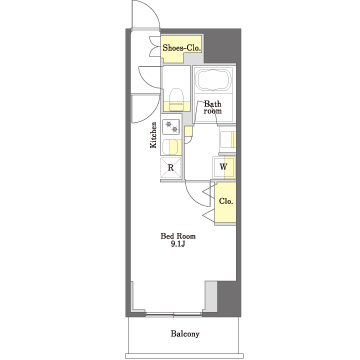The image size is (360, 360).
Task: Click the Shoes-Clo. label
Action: [x=182, y=48]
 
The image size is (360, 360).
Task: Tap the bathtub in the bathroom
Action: [x=213, y=79]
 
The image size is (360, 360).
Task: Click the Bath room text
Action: [x=213, y=107]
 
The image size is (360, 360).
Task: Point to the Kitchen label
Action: [x=153, y=135]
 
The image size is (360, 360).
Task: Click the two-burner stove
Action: [x=171, y=127]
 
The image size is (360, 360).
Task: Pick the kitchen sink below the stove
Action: [x=171, y=147]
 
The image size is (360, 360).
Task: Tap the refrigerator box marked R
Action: [x=171, y=168]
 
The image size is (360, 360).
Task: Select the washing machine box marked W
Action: [x=224, y=167]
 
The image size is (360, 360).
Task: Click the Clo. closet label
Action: [x=226, y=201]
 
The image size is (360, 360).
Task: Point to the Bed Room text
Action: [x=178, y=236]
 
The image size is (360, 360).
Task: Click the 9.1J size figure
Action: [x=178, y=244]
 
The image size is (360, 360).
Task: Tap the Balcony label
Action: [x=185, y=334]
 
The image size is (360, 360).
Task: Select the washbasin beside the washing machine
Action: [x=227, y=139]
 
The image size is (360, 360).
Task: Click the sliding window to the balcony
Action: [x=173, y=314]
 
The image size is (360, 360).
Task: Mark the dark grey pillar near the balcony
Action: [x=229, y=299]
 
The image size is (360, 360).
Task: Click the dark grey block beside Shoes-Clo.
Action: [x=222, y=46]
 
